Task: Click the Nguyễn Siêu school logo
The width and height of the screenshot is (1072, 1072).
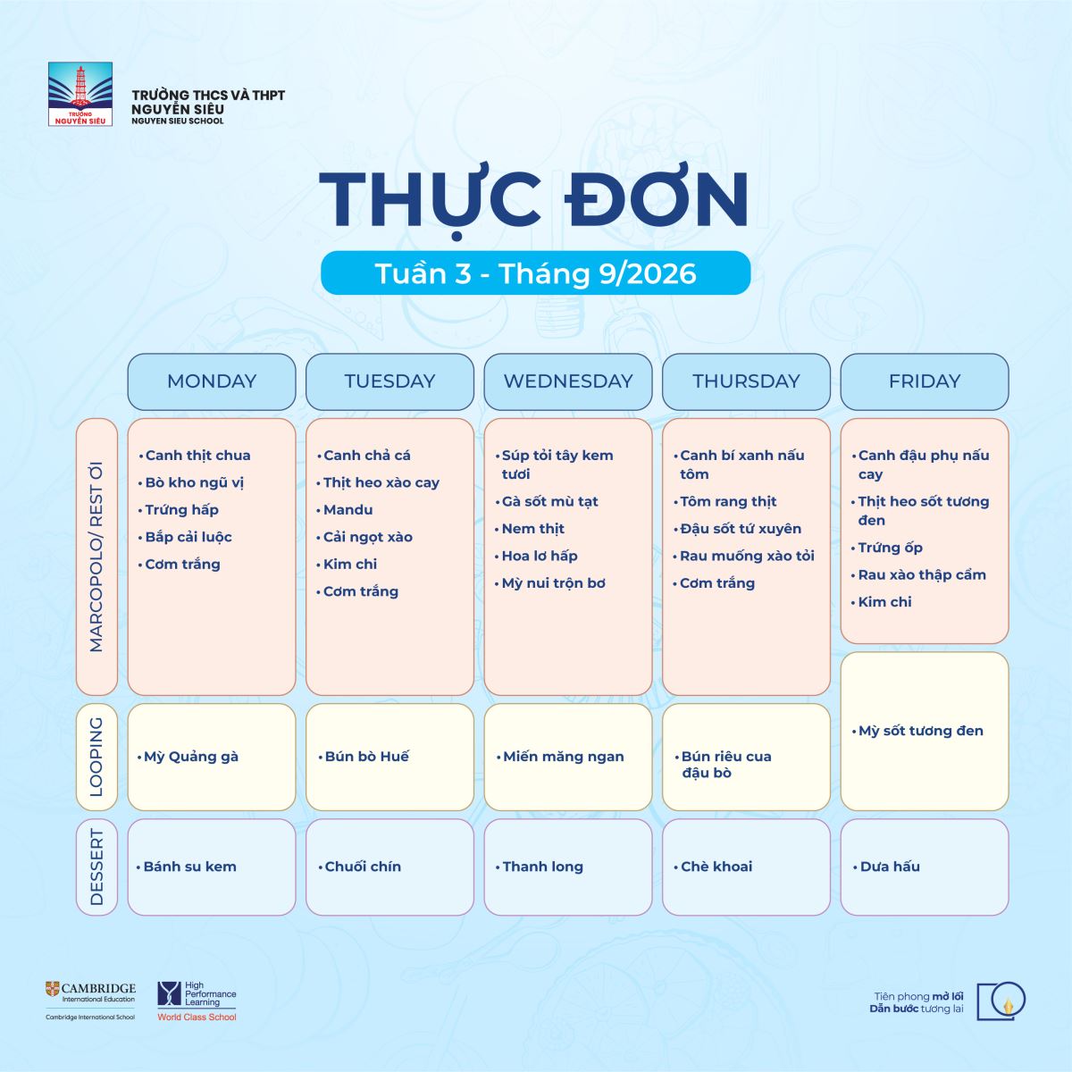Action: click(80, 94)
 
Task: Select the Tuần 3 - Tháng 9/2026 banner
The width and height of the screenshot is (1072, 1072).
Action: click(536, 273)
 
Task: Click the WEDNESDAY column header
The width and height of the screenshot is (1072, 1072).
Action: click(568, 381)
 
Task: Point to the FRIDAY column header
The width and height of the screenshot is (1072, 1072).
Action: click(925, 381)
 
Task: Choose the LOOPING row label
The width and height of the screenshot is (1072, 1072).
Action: click(96, 758)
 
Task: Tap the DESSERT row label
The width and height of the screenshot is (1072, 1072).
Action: click(96, 867)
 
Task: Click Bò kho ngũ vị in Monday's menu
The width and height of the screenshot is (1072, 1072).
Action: click(194, 483)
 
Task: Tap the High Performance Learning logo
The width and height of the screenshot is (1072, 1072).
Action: click(197, 1001)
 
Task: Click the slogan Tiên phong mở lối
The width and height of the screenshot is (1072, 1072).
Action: click(918, 996)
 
